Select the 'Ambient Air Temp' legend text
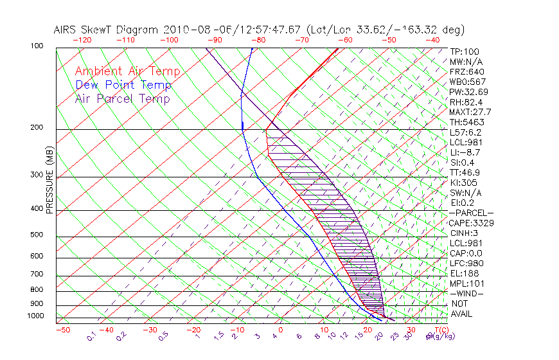click(127, 71)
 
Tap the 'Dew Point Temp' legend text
click(123, 85)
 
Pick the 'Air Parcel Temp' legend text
click(122, 98)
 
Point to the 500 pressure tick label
click(37, 235)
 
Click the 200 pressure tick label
click(37, 127)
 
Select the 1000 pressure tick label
click(35, 316)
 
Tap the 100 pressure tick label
click(37, 46)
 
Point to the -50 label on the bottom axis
click(62, 330)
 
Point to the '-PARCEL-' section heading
click(471, 213)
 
